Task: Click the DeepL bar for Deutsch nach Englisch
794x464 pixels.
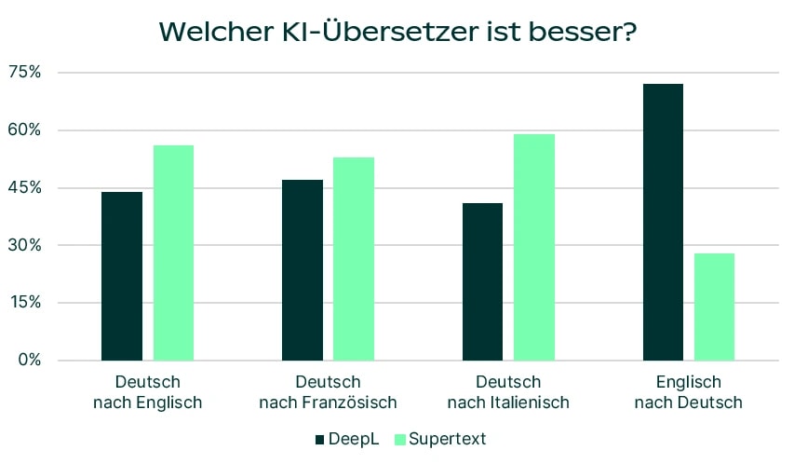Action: [x=122, y=276]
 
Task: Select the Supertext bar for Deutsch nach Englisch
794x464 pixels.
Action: [x=173, y=252]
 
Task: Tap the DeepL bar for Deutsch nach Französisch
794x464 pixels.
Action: [x=303, y=270]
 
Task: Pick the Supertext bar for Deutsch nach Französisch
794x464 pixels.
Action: [x=354, y=258]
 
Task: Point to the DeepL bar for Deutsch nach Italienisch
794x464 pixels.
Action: [x=482, y=281]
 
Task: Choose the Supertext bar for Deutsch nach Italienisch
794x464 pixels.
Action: [x=534, y=247]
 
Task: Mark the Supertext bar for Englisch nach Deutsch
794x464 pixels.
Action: [x=714, y=307]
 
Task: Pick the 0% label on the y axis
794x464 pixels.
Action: [x=28, y=361]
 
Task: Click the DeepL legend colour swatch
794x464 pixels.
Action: [x=319, y=439]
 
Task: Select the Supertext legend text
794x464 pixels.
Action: [x=448, y=439]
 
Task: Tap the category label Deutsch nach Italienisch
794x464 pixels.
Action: [x=508, y=392]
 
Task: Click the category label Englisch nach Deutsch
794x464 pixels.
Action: [x=688, y=392]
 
